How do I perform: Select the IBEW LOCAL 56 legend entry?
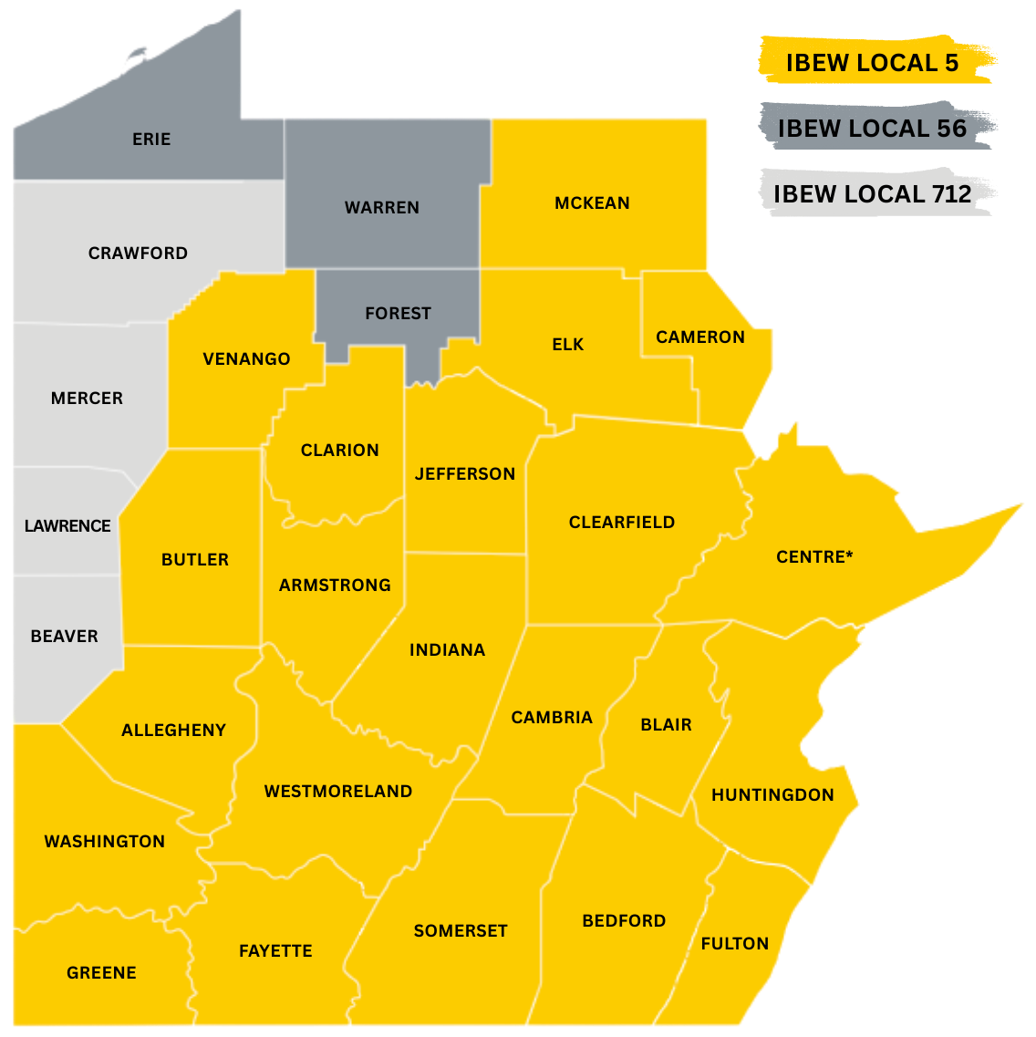(871, 129)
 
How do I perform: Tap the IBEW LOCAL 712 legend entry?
(872, 193)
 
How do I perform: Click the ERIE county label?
(151, 139)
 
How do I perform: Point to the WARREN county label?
(382, 207)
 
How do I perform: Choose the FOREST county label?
(398, 313)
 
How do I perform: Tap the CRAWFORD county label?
(138, 253)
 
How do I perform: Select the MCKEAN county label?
(592, 202)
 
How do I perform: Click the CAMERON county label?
(700, 337)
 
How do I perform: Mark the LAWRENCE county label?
(67, 525)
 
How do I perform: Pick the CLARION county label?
(340, 450)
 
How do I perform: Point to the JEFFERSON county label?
(465, 473)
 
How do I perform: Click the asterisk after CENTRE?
(850, 554)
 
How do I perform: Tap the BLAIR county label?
(666, 724)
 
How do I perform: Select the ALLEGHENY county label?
(173, 730)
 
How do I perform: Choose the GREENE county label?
(101, 972)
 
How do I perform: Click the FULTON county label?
(735, 943)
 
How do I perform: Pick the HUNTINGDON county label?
(772, 794)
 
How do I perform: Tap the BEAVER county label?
(64, 636)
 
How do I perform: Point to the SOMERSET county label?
(461, 930)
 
